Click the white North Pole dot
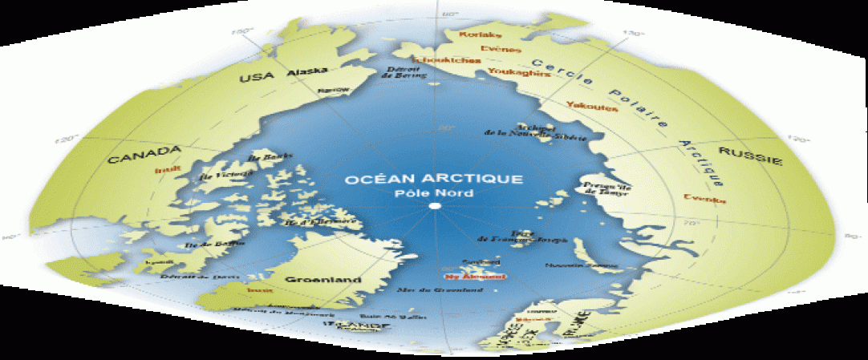[434, 207]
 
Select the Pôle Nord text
[434, 194]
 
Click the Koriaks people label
[480, 35]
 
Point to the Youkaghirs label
[513, 73]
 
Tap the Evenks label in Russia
[699, 196]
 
